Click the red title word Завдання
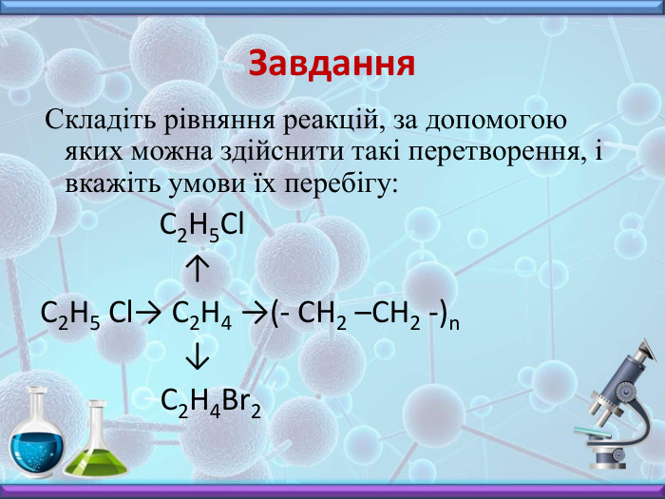click(332, 64)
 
